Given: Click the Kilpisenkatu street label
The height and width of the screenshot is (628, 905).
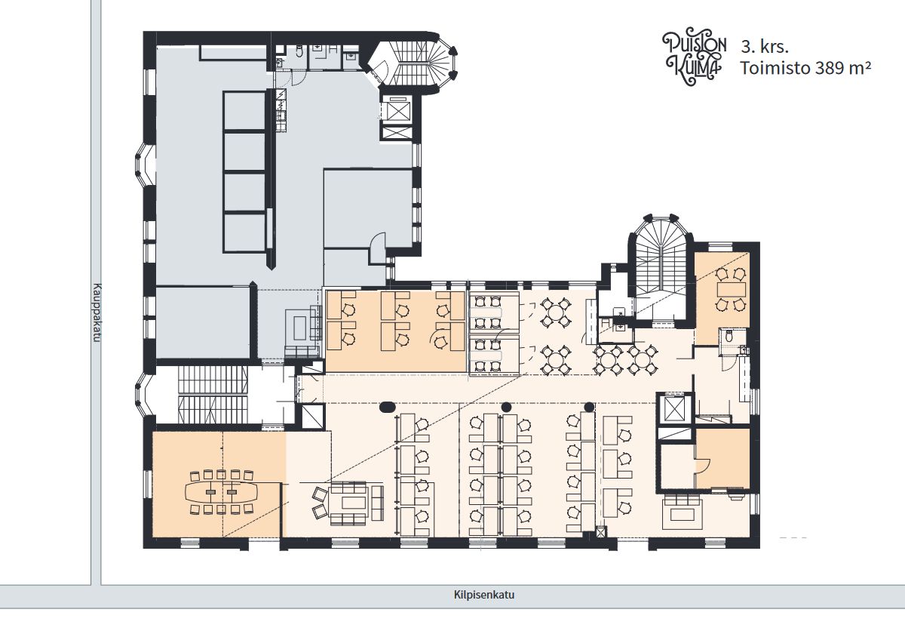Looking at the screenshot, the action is pyautogui.click(x=484, y=596).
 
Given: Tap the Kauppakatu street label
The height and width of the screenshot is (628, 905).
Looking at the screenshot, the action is pyautogui.click(x=97, y=312).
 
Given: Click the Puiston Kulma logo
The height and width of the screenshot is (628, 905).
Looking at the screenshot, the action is pyautogui.click(x=694, y=56).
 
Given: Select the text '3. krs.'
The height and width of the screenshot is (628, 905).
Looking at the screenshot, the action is pyautogui.click(x=765, y=48).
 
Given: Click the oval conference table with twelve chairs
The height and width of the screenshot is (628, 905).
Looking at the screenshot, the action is pyautogui.click(x=221, y=491).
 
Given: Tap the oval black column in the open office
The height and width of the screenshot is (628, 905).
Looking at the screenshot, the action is pyautogui.click(x=387, y=406).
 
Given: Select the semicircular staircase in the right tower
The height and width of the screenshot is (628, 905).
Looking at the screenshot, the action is pyautogui.click(x=660, y=259).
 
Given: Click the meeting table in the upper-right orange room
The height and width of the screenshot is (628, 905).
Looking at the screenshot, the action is pyautogui.click(x=731, y=290).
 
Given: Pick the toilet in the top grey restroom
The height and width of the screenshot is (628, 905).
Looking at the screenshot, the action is pyautogui.click(x=299, y=51).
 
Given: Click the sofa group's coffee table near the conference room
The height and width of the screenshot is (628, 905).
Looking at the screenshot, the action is pyautogui.click(x=354, y=503).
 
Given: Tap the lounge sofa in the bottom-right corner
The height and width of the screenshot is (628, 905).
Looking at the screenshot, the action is pyautogui.click(x=683, y=514).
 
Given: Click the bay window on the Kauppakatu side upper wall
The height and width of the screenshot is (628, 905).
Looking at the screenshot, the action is pyautogui.click(x=145, y=165).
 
